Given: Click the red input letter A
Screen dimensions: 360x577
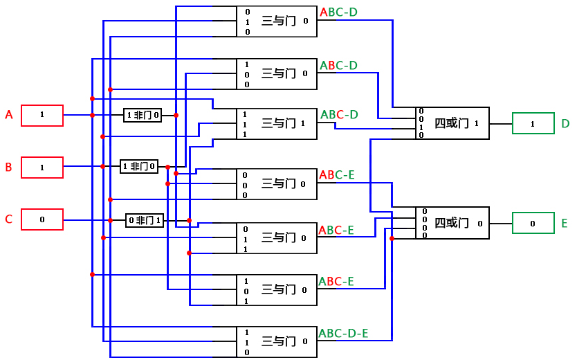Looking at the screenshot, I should tap(9, 115).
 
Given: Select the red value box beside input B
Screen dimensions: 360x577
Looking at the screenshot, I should tap(42, 168).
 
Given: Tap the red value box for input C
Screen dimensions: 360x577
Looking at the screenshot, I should tap(42, 219).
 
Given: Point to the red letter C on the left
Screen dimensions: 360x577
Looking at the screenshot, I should tap(9, 219).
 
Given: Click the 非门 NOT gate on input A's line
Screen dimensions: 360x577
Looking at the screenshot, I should tap(143, 115).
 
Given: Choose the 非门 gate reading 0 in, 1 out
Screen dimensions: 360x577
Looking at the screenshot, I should tap(145, 220).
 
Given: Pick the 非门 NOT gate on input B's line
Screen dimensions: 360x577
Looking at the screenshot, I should tap(139, 166).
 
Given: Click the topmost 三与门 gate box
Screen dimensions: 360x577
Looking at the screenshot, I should tap(277, 21).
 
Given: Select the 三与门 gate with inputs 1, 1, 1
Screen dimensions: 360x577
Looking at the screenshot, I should tap(277, 124).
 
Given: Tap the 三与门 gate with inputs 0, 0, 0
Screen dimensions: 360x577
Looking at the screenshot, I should tap(277, 185).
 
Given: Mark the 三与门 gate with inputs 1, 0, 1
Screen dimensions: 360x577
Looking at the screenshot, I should tap(277, 290).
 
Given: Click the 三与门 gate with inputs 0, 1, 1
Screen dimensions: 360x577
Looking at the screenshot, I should tap(277, 238).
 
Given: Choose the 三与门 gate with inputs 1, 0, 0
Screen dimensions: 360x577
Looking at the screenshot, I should tap(277, 74).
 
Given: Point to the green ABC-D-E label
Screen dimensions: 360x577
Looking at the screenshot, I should tap(343, 334).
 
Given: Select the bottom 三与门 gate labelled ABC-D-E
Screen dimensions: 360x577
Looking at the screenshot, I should tap(277, 342).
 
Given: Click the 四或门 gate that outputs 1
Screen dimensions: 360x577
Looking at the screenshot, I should tap(452, 123).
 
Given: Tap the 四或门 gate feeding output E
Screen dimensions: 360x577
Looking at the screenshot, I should tap(452, 224).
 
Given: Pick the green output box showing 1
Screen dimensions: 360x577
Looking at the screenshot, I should tap(533, 123).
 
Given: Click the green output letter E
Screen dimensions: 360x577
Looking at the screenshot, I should tap(565, 224).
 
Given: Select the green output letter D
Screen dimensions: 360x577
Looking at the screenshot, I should tap(565, 124).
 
